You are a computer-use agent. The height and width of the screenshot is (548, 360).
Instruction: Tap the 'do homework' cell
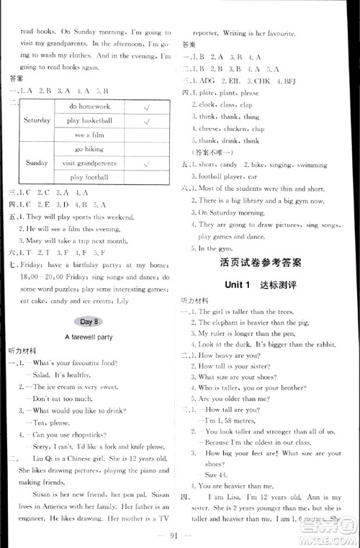pos(87,106)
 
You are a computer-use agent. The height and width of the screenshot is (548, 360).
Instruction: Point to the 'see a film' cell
pos(87,135)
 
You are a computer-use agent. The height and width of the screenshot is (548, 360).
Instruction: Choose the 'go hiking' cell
pos(87,149)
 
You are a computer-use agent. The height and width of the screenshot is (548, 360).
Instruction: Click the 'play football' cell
pos(87,177)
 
